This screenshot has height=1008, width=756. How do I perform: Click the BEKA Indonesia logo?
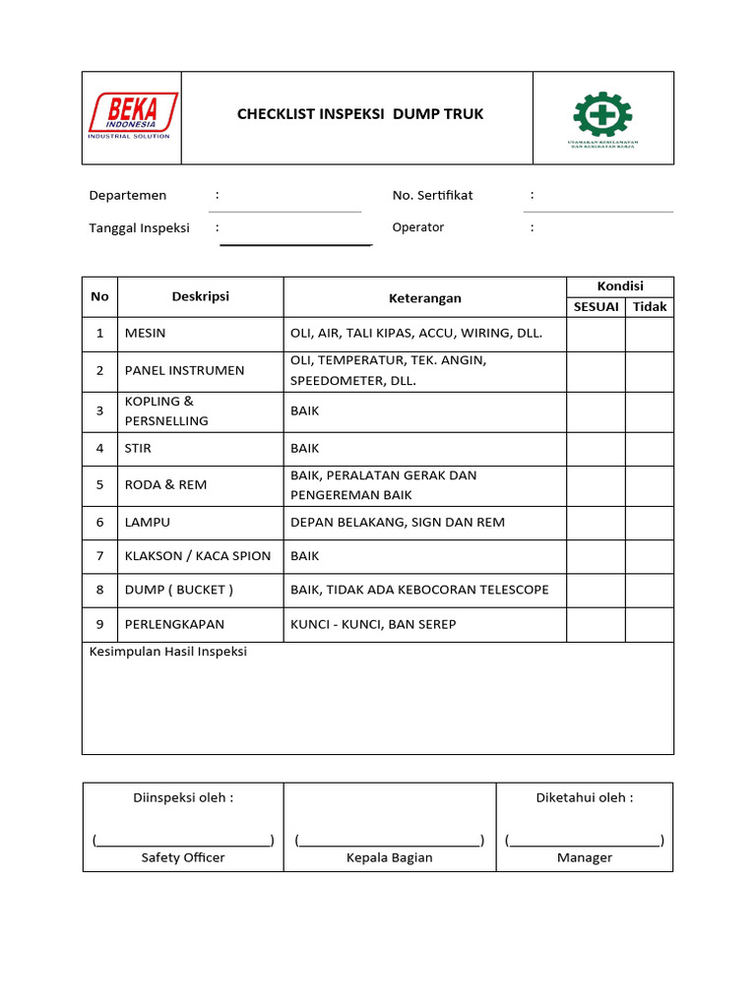click(x=133, y=115)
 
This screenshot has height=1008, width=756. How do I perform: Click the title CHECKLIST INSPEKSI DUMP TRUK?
click(x=360, y=114)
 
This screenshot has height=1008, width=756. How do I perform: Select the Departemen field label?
click(x=128, y=195)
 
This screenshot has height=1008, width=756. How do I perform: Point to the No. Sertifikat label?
click(x=432, y=195)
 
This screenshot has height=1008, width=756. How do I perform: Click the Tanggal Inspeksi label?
click(x=139, y=227)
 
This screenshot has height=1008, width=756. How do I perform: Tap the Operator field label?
click(x=417, y=227)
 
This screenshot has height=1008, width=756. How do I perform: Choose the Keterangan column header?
click(x=424, y=297)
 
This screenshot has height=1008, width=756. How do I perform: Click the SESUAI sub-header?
click(x=596, y=307)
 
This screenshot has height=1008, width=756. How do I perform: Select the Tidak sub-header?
click(x=650, y=307)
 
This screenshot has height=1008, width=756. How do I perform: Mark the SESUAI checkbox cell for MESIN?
click(x=596, y=334)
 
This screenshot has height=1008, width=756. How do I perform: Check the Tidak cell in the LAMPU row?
click(x=650, y=523)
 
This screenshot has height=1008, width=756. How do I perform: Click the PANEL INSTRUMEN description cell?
click(x=184, y=370)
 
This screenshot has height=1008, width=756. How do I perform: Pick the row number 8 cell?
click(x=99, y=590)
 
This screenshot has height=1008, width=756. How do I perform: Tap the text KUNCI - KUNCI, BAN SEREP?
click(x=373, y=624)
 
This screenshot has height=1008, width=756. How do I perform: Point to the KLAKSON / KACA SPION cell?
click(x=198, y=556)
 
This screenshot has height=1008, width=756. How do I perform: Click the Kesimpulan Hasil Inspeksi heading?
click(x=168, y=652)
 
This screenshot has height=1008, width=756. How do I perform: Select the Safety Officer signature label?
click(x=183, y=857)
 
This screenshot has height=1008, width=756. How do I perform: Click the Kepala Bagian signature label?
click(x=389, y=857)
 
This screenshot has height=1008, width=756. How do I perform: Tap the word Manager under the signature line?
click(x=585, y=857)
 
